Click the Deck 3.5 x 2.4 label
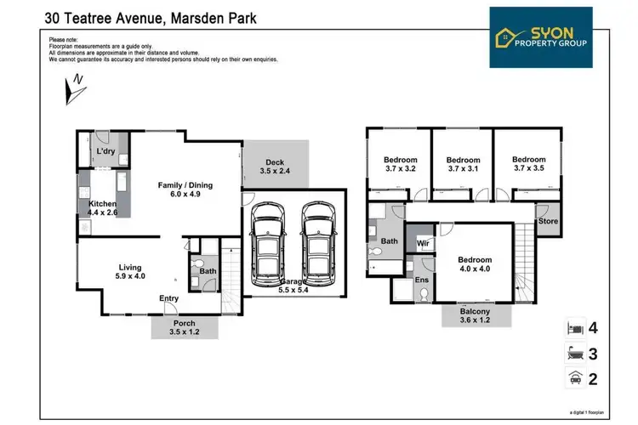coord(274,167)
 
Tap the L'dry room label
coord(105,150)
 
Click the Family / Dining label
coord(185,189)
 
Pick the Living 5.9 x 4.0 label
coord(130,271)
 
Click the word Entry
coord(169,298)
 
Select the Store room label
coord(548,221)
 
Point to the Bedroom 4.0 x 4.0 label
coord(475,264)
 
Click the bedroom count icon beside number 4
coord(574,327)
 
